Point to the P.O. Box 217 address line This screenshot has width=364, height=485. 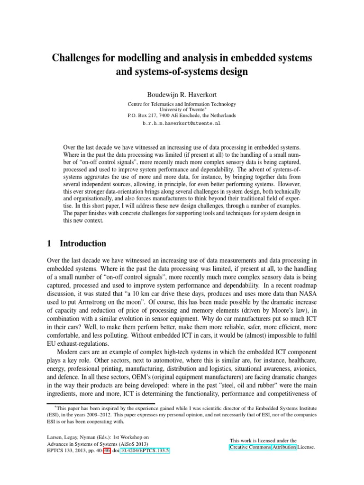pyautogui.click(x=182, y=115)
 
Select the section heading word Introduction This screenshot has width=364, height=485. pyautogui.click(x=83, y=243)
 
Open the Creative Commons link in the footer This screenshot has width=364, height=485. pyautogui.click(x=250, y=447)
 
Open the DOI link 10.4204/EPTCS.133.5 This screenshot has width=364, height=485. pyautogui.click(x=144, y=451)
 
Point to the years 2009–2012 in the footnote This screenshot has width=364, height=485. pyautogui.click(x=117, y=414)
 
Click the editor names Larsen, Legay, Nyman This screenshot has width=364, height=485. pyautogui.click(x=69, y=437)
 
